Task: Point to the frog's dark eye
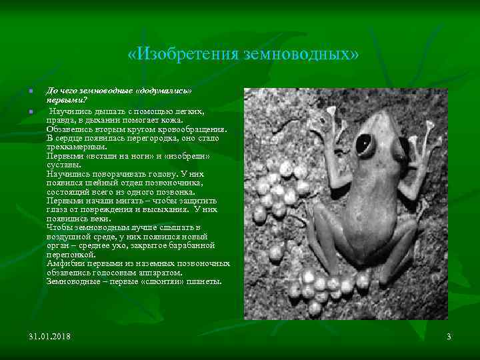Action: [365, 143]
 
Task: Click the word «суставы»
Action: [64, 164]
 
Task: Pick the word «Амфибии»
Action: [66, 264]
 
